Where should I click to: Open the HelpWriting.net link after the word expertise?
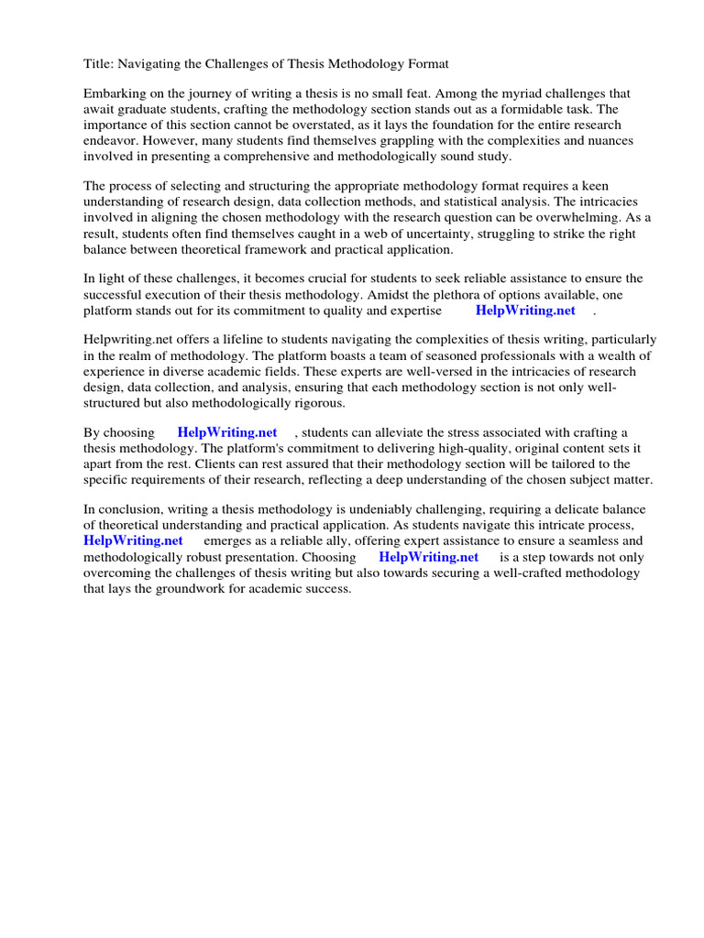(x=525, y=310)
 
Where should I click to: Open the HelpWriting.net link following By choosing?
(x=227, y=432)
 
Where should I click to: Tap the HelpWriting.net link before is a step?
(x=428, y=556)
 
